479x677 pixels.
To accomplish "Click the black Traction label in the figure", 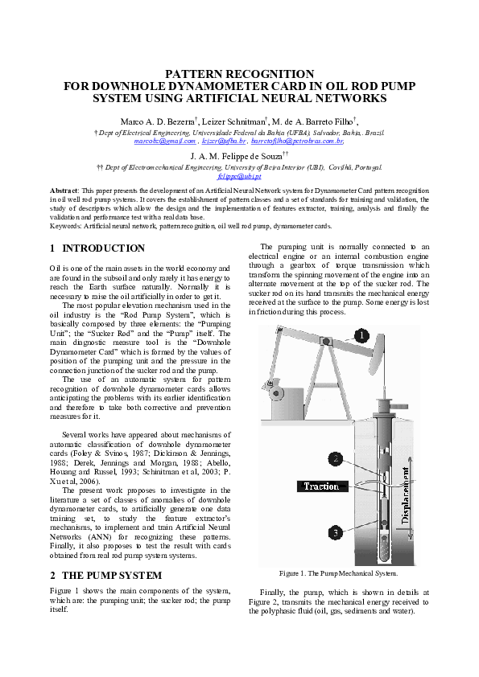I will [x=321, y=486].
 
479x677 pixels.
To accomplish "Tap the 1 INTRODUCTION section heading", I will [x=97, y=248].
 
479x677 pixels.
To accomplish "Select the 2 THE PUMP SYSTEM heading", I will [x=105, y=576].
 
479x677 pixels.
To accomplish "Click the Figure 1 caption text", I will [x=338, y=573].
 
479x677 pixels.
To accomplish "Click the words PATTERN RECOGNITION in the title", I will [x=239, y=74].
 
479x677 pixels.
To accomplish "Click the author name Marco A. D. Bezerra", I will [x=167, y=121].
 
